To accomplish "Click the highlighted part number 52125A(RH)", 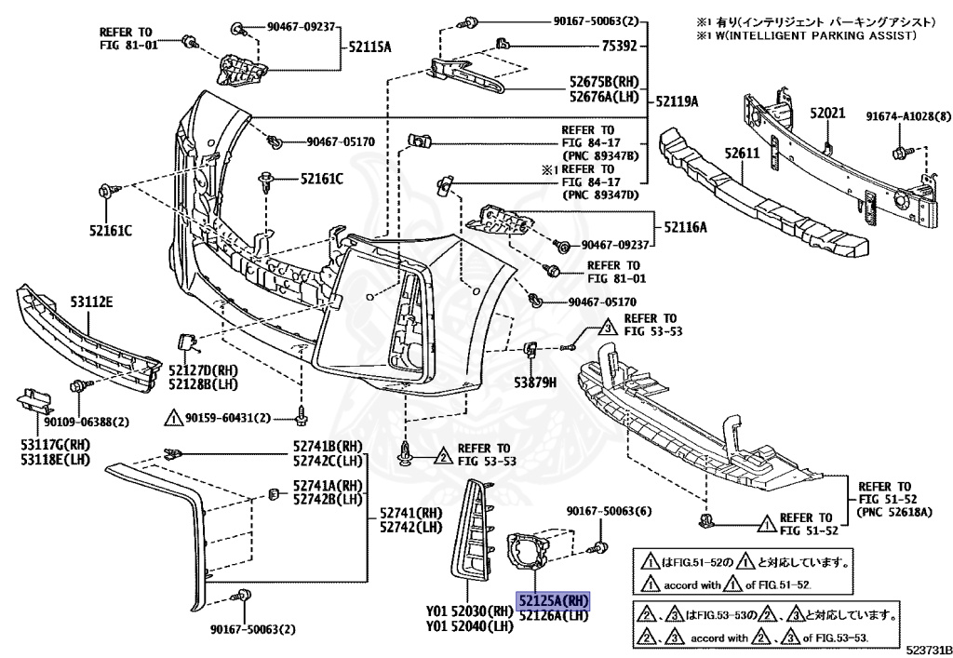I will (555, 600).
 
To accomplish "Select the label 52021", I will (825, 114).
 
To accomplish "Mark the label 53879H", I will (534, 382).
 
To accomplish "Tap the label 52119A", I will (677, 101).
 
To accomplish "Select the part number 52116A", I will (685, 226).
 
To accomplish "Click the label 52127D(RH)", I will (204, 369).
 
